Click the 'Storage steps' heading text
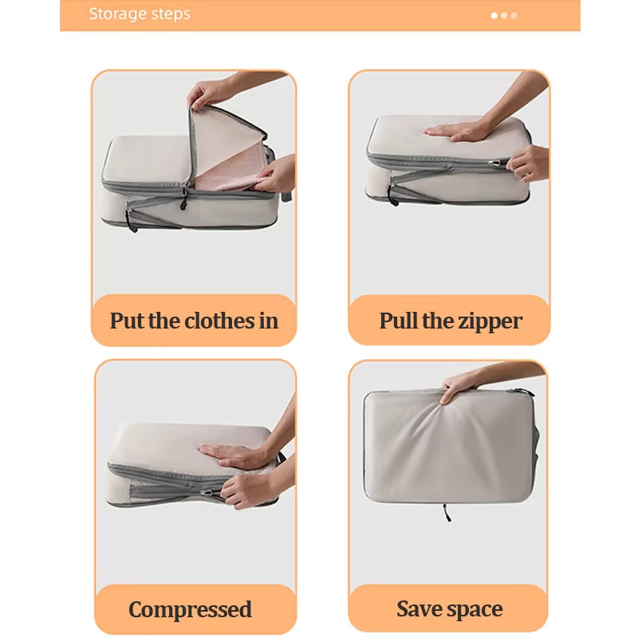(140, 14)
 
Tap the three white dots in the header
(504, 15)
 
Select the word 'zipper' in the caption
(488, 321)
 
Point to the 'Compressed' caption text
(190, 610)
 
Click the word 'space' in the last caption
(475, 610)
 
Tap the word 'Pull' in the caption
(398, 321)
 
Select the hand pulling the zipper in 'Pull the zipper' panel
(528, 163)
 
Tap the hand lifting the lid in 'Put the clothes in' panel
(209, 93)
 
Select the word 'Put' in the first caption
(128, 321)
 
